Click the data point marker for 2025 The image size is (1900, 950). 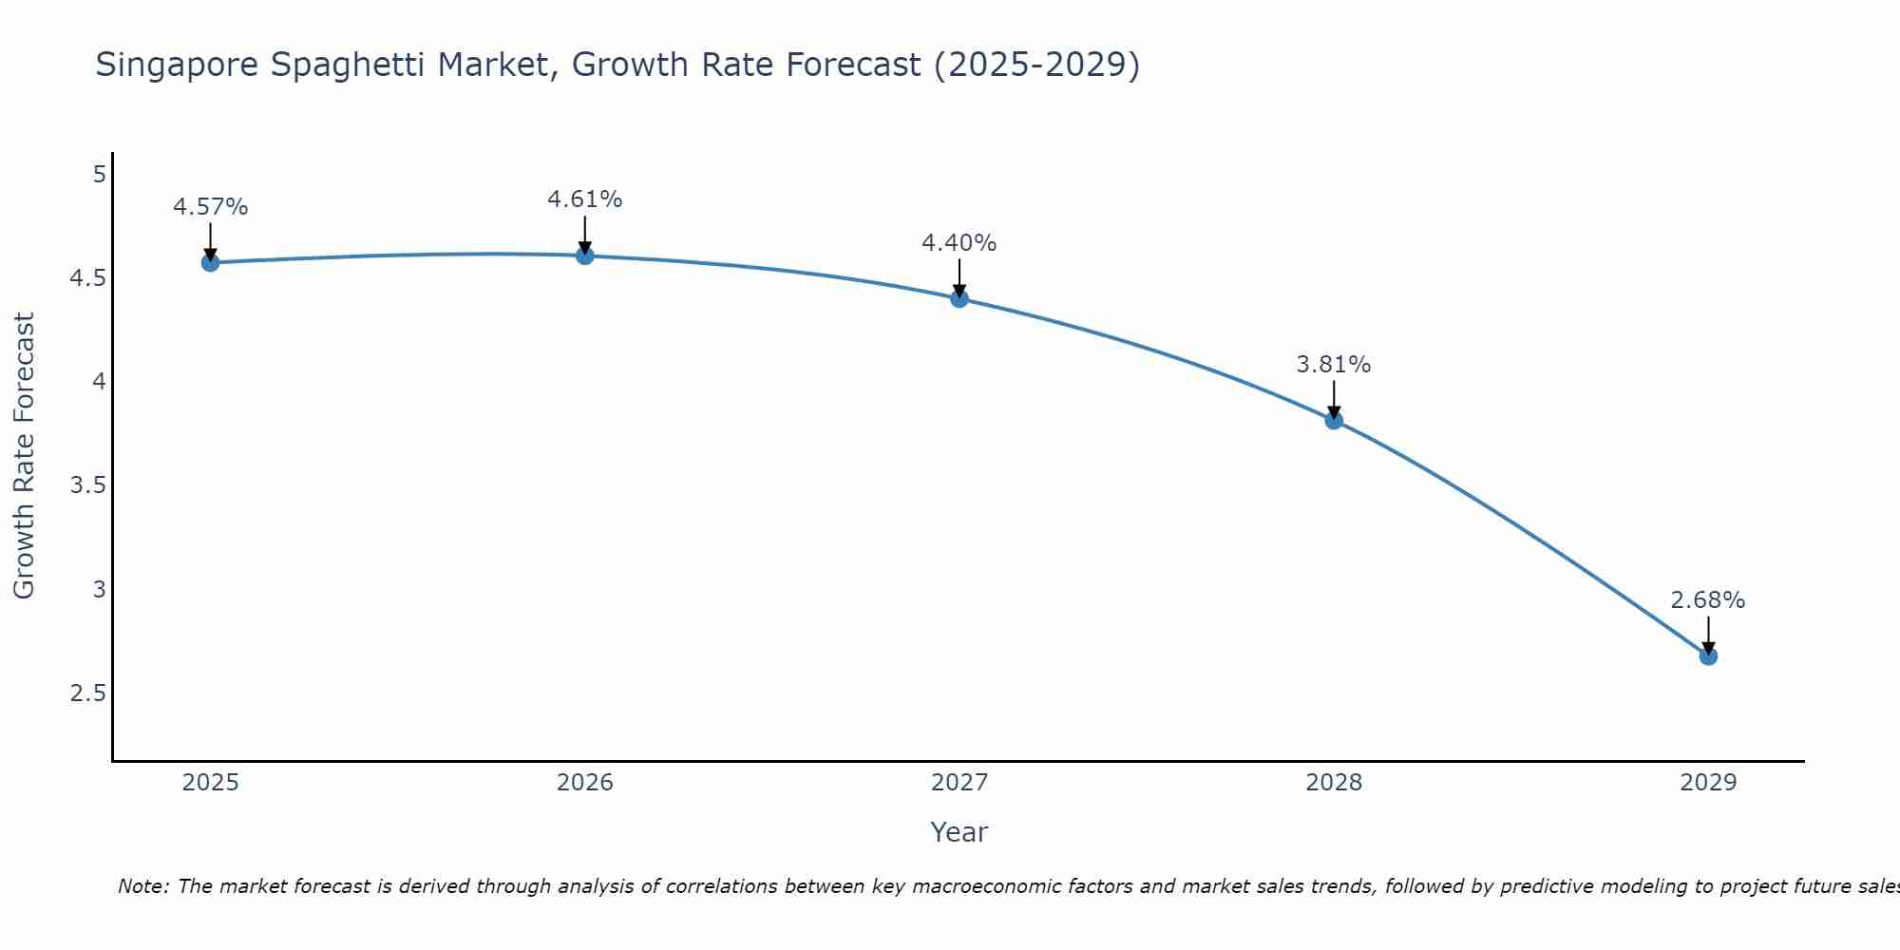210,262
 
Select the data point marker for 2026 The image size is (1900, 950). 584,256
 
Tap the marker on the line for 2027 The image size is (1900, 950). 959,298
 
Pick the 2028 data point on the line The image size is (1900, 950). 1334,420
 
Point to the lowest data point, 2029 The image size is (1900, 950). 1708,655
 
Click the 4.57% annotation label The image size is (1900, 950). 210,207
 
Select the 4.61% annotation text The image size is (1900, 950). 584,199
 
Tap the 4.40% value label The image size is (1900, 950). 959,243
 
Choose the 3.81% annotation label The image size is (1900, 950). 1333,365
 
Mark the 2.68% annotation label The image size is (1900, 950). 1707,600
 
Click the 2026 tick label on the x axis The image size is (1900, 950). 584,783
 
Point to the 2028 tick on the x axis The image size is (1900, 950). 1334,783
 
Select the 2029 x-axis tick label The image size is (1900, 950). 1708,783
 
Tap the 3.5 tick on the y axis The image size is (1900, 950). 87,485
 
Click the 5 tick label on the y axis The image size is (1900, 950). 99,175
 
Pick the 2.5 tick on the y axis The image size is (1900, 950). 87,693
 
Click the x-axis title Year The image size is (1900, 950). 959,832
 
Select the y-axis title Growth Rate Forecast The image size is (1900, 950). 24,455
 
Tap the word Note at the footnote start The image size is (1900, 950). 142,886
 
